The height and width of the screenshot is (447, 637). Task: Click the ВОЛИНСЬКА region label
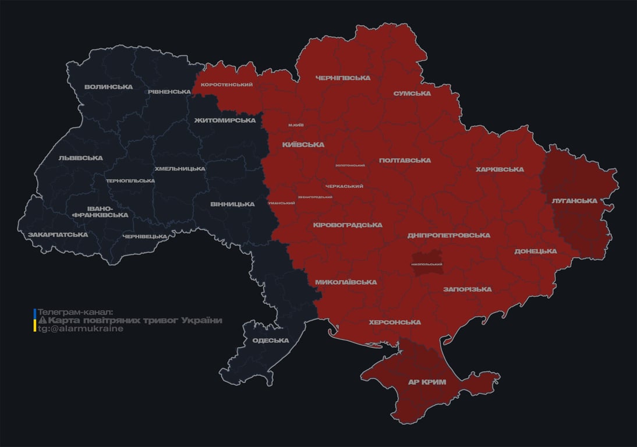point(108,87)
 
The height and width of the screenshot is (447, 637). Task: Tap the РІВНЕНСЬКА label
point(169,92)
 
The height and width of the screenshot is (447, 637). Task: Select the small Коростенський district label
point(227,85)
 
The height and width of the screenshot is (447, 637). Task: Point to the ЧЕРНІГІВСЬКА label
point(342,78)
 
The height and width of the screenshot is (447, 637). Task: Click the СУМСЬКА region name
point(412,94)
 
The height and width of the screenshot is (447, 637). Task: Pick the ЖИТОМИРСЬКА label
point(225,120)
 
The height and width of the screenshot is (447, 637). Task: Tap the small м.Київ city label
point(296,125)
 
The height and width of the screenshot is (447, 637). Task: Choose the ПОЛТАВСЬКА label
point(405,161)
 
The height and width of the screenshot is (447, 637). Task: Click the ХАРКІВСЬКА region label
point(500,170)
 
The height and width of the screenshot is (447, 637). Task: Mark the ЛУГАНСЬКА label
point(574,201)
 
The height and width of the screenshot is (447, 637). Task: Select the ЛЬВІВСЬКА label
point(80,158)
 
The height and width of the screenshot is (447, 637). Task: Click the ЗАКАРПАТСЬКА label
point(58,235)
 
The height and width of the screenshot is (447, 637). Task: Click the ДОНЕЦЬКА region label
point(535,251)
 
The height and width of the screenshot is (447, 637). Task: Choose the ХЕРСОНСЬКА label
point(395,322)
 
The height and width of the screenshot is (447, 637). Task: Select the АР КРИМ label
point(426,382)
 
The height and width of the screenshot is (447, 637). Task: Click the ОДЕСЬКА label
point(270,341)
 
